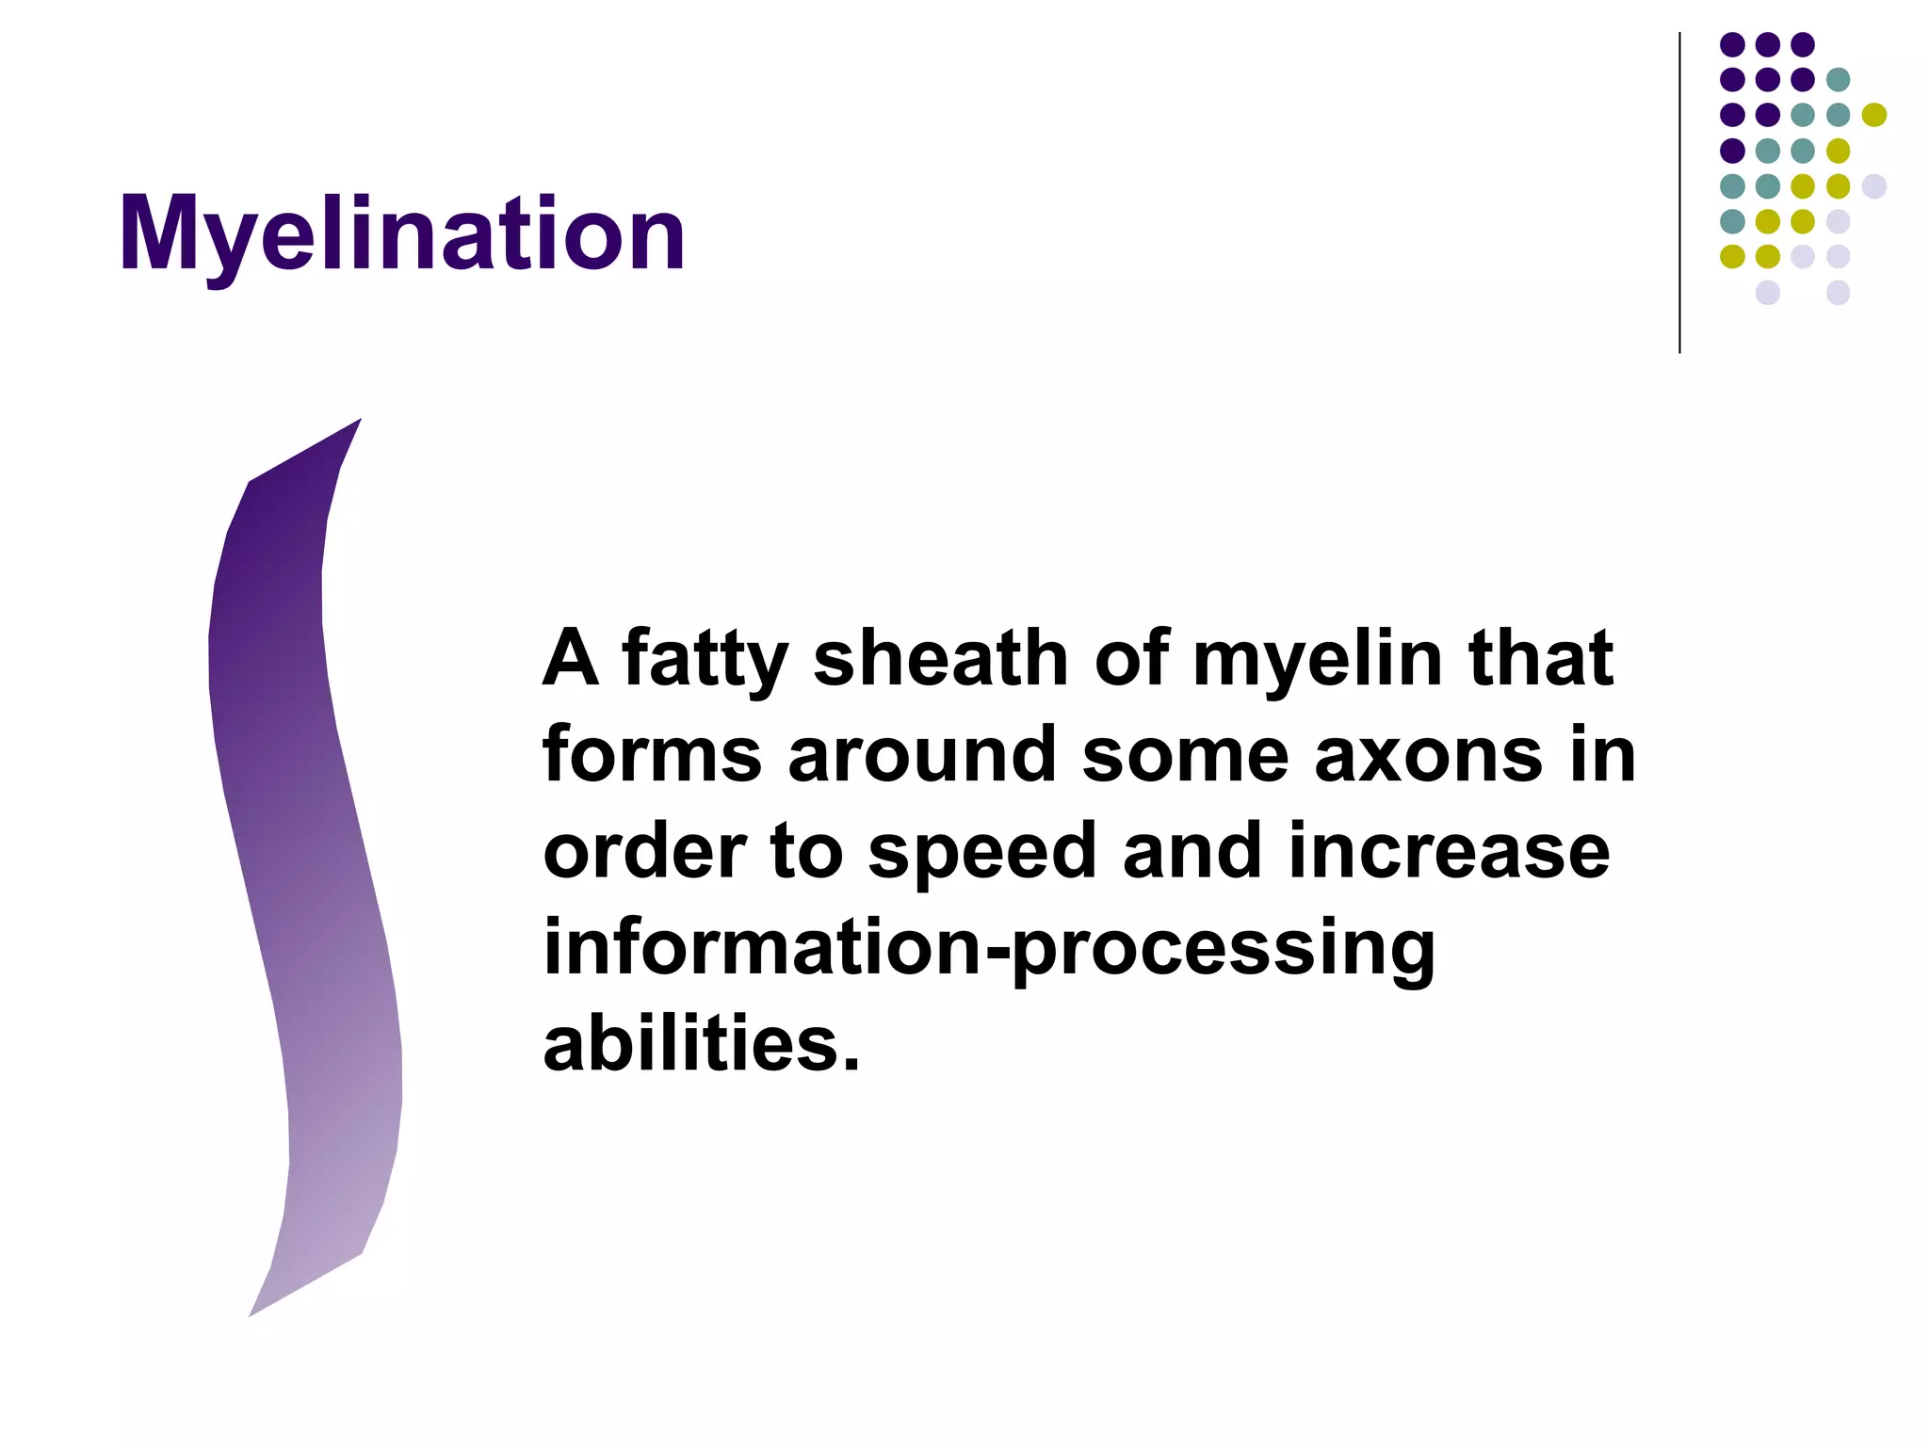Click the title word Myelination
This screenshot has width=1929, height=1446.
402,234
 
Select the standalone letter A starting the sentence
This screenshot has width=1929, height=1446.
571,658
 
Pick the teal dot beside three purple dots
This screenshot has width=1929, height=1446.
1838,80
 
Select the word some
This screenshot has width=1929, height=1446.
1185,756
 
